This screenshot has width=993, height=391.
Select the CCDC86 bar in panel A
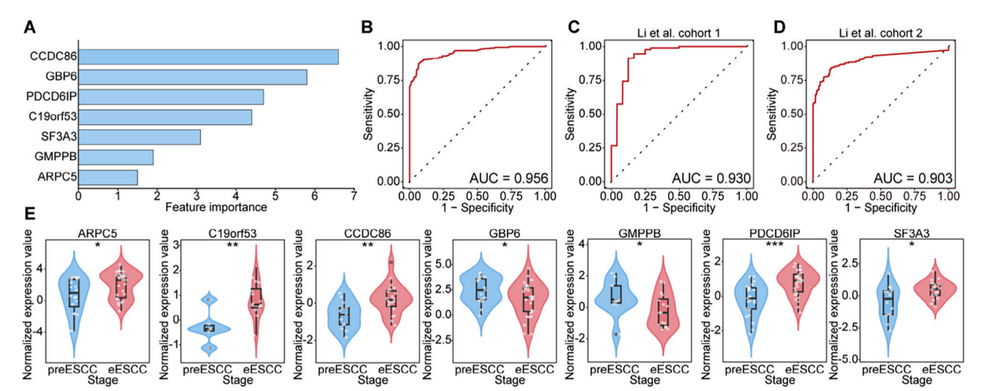tap(208, 57)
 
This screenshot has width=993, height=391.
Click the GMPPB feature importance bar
tap(115, 157)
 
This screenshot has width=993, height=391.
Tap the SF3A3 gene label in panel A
tap(59, 137)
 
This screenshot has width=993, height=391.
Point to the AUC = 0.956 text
tap(508, 178)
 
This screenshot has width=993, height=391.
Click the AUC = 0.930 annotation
tap(711, 178)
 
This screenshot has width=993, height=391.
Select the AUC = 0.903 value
tap(913, 178)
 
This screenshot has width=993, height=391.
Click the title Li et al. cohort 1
tap(678, 33)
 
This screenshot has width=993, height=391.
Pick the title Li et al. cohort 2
tap(880, 33)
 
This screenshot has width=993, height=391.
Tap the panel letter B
tap(367, 27)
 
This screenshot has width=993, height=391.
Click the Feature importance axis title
tap(216, 207)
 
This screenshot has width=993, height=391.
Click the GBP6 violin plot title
tap(504, 233)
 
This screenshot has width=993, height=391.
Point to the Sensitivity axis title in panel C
tap(570, 114)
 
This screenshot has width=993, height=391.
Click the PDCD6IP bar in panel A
tap(171, 97)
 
